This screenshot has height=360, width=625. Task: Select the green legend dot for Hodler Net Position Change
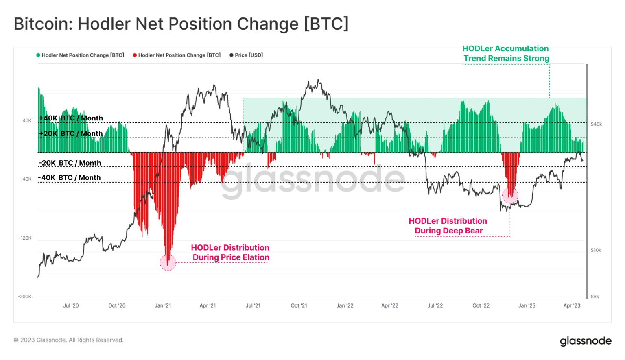pyautogui.click(x=38, y=55)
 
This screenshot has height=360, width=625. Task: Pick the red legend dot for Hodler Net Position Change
pyautogui.click(x=135, y=55)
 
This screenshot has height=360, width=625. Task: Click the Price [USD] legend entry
pyautogui.click(x=247, y=55)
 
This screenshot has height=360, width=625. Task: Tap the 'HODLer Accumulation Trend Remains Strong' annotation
pyautogui.click(x=506, y=53)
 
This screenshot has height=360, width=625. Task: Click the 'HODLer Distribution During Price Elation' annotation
pyautogui.click(x=230, y=253)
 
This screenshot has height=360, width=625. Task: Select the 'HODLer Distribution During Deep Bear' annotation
pyautogui.click(x=448, y=226)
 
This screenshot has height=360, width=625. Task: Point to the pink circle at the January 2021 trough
pyautogui.click(x=168, y=263)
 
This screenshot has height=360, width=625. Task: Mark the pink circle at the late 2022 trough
pyautogui.click(x=510, y=196)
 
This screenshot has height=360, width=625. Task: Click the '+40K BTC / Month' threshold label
pyautogui.click(x=71, y=118)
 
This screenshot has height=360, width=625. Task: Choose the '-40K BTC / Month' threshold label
pyautogui.click(x=70, y=178)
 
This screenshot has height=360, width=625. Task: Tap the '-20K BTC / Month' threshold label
pyautogui.click(x=70, y=163)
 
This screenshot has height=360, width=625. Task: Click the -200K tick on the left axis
pyautogui.click(x=24, y=297)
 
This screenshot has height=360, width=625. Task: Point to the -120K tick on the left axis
pyautogui.click(x=24, y=238)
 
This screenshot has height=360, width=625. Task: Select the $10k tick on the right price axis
pyautogui.click(x=596, y=250)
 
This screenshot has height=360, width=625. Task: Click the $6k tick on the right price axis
pyautogui.click(x=595, y=297)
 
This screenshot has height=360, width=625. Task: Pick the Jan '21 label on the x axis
pyautogui.click(x=163, y=305)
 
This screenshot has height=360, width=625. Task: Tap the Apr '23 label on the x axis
pyautogui.click(x=572, y=305)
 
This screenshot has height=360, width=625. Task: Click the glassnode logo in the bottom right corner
pyautogui.click(x=586, y=341)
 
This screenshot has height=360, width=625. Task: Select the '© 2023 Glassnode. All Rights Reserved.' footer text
pyautogui.click(x=69, y=340)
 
